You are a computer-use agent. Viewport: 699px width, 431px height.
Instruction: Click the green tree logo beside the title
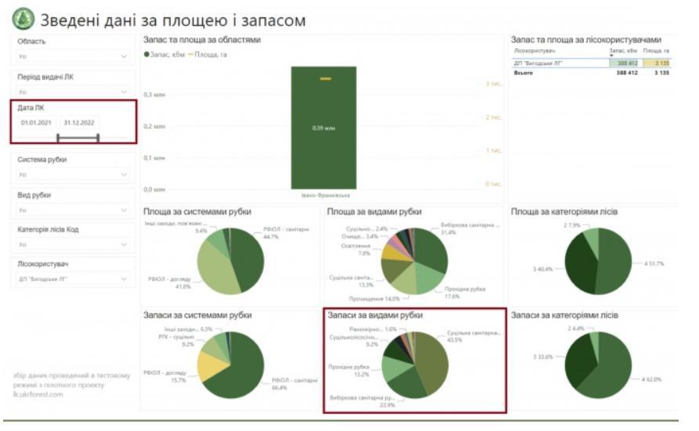pyautogui.click(x=23, y=19)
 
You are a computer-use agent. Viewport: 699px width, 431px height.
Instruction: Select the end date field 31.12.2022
pyautogui.click(x=80, y=123)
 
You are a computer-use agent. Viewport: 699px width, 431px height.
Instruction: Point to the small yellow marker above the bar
pyautogui.click(x=326, y=79)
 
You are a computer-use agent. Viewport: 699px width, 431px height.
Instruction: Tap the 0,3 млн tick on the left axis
pyautogui.click(x=154, y=95)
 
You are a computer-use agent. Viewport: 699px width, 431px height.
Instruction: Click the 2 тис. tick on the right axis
pyautogui.click(x=493, y=117)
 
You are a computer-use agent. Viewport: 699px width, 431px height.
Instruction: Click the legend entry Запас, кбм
pyautogui.click(x=164, y=54)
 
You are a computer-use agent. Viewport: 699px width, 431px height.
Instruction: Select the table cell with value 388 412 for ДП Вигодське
pyautogui.click(x=627, y=63)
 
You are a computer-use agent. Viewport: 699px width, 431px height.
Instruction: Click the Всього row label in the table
pyautogui.click(x=523, y=73)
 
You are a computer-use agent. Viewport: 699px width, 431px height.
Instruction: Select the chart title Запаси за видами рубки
pyautogui.click(x=376, y=314)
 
